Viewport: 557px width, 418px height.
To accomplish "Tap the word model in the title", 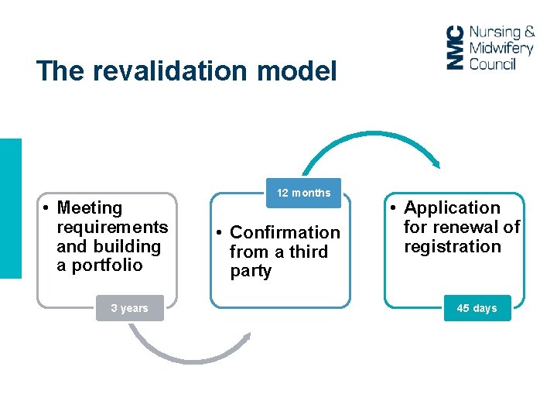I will [297, 72].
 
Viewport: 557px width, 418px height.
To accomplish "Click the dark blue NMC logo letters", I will [456, 48].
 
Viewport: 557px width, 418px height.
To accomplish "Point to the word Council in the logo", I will [492, 63].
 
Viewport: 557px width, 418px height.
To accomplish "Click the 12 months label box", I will [303, 193].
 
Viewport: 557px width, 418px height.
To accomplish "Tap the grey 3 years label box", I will [129, 308].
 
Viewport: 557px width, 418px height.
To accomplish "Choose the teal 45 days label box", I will [477, 308].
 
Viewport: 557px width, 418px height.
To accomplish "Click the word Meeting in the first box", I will [90, 207].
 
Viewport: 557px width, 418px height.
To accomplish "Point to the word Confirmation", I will [285, 232].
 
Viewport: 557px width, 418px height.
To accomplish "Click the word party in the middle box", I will [251, 271].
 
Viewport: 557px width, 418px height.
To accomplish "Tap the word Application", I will [452, 207].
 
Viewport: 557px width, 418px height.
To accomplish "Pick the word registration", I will [453, 246].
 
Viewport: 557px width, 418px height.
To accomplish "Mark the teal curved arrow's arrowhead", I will [436, 163].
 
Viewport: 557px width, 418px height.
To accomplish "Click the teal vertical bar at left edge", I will [11, 207].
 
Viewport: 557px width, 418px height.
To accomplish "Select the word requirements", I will [112, 227].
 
